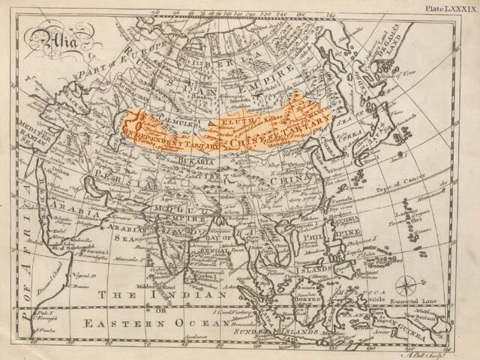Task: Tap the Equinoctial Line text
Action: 403,298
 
